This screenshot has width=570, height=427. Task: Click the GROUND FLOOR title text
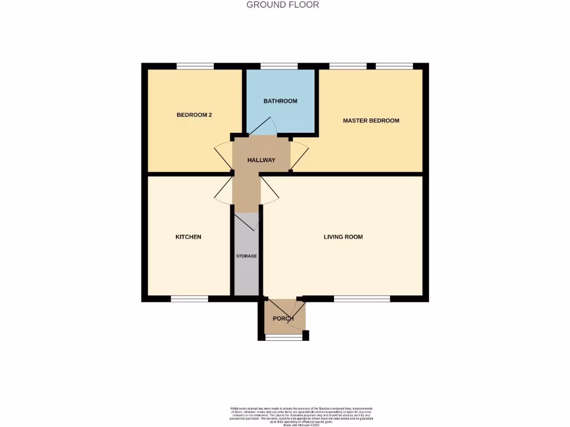[283, 5]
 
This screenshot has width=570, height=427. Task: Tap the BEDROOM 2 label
[194, 115]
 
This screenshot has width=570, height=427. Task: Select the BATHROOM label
[281, 101]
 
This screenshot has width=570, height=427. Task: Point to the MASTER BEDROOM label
[371, 121]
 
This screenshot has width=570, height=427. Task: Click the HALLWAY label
[262, 160]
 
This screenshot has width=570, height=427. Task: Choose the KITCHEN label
[188, 237]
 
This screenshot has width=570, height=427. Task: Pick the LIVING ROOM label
[343, 237]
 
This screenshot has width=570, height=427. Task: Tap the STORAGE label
[246, 256]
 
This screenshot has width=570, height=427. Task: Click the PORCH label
[283, 319]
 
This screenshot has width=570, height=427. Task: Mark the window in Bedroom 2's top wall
[195, 66]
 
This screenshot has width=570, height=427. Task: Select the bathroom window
[279, 66]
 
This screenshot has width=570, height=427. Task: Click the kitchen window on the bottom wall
[189, 299]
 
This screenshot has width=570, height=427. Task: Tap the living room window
[362, 299]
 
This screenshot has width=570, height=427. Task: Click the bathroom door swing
[262, 127]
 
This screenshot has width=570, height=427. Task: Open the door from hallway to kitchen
[224, 188]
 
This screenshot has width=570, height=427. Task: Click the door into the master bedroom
[299, 156]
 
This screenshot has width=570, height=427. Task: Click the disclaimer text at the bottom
[302, 416]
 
